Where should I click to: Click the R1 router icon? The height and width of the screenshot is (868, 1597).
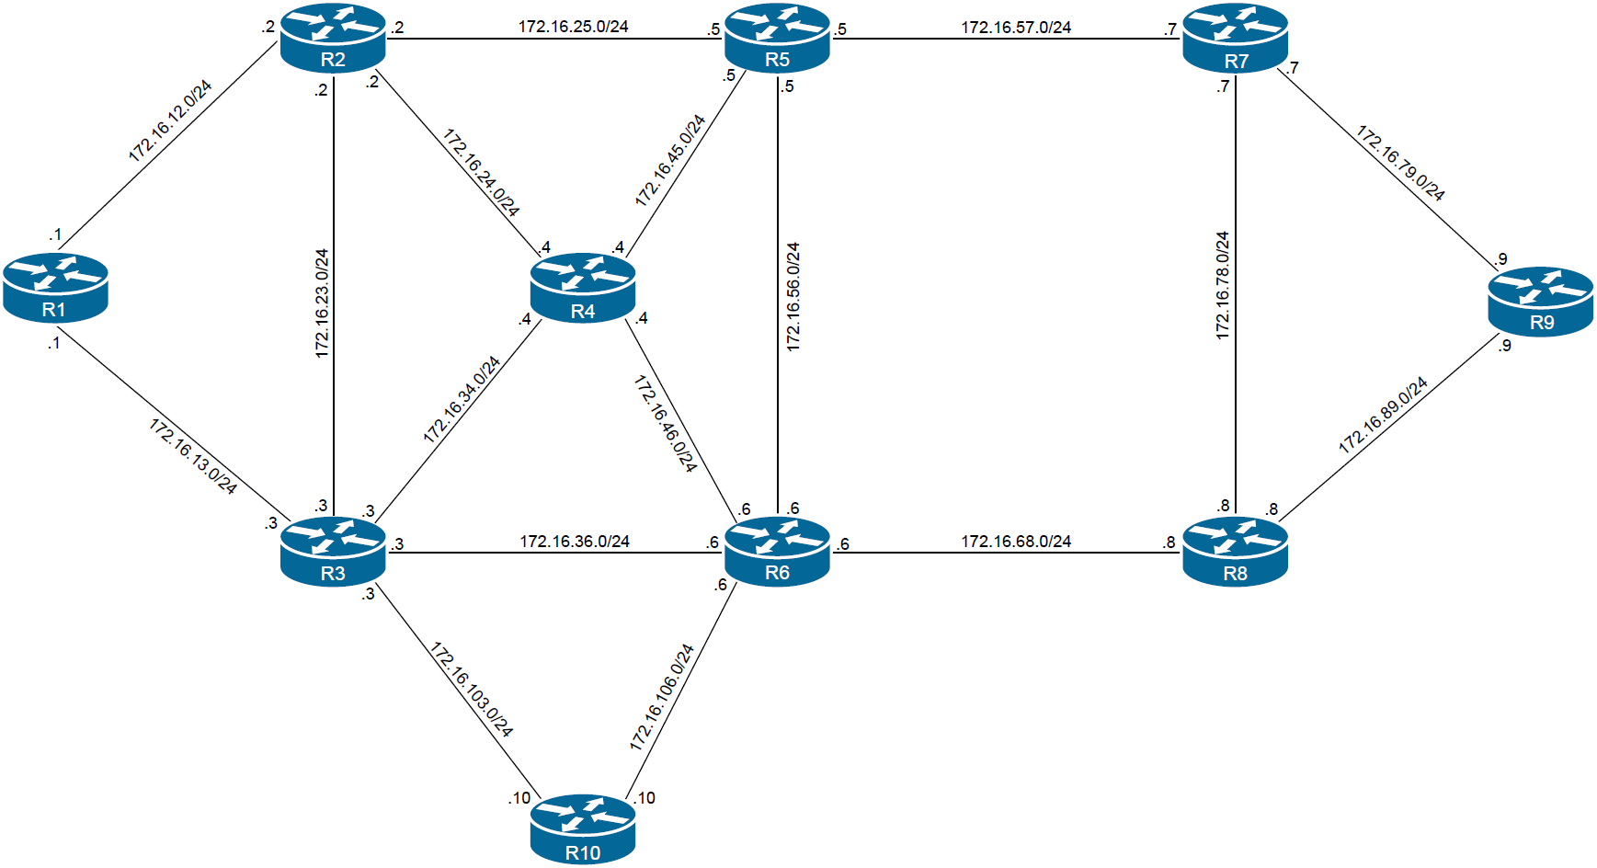tap(55, 287)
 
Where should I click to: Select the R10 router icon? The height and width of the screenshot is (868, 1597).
tap(583, 828)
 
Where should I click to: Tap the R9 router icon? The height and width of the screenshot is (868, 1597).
tap(1541, 301)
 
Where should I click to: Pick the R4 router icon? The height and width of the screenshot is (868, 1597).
tap(583, 288)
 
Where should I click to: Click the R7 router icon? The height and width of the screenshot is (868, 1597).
tap(1236, 38)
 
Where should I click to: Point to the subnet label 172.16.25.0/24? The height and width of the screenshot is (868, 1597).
tap(573, 27)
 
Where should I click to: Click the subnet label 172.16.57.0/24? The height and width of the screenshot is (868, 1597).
tap(1016, 28)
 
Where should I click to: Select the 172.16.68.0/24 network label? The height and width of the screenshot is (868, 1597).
tap(1016, 542)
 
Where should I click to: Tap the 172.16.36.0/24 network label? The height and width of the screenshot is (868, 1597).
tap(575, 542)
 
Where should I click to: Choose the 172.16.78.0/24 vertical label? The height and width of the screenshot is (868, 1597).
tap(1222, 286)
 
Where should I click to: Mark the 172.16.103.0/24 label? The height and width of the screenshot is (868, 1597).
tap(471, 690)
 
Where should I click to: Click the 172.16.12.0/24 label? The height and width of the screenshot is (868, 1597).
tap(170, 121)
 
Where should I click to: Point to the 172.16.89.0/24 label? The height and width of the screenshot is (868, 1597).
tap(1383, 416)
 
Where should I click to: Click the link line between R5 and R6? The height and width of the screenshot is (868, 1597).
tap(779, 184)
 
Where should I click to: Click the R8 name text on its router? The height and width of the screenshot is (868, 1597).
tap(1236, 574)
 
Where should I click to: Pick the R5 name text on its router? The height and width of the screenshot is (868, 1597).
tap(777, 60)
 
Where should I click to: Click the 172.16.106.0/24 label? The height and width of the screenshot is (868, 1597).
tap(662, 697)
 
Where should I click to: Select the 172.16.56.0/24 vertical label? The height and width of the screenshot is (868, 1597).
tap(793, 297)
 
